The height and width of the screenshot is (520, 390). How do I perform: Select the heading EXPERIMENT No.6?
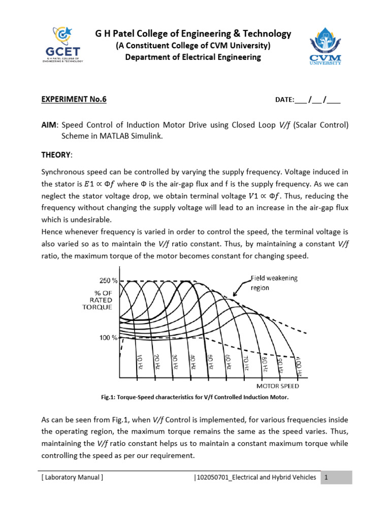click(x=74, y=100)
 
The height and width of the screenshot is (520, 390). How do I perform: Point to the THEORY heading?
click(x=57, y=154)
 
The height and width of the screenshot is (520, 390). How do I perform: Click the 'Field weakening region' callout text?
click(x=274, y=282)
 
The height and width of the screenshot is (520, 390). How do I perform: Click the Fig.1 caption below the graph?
click(x=195, y=397)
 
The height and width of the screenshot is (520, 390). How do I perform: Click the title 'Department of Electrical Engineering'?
click(x=193, y=57)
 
